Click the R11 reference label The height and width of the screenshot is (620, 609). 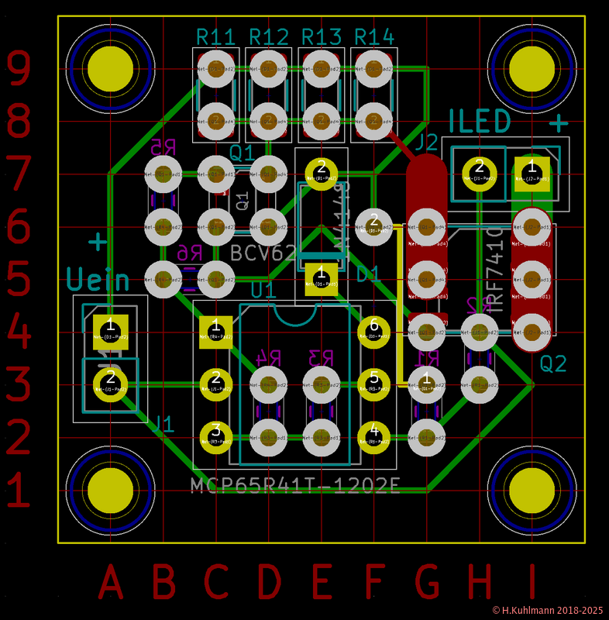(x=215, y=37)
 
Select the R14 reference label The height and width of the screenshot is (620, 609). (x=374, y=37)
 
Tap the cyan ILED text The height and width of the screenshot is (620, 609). (x=480, y=122)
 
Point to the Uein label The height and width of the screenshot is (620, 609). (x=96, y=278)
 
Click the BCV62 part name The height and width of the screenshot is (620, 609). (x=263, y=253)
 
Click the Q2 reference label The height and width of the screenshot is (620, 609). (x=553, y=363)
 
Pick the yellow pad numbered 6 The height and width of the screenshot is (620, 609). (x=374, y=329)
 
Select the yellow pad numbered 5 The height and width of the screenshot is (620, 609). (x=374, y=380)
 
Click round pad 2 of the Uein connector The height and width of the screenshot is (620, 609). (x=110, y=381)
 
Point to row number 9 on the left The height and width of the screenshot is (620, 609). (x=19, y=68)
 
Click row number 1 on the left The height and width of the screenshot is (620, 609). (x=19, y=490)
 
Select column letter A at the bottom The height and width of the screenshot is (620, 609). (x=110, y=582)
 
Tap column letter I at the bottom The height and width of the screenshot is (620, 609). (x=532, y=582)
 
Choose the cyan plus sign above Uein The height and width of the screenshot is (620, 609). (x=98, y=242)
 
